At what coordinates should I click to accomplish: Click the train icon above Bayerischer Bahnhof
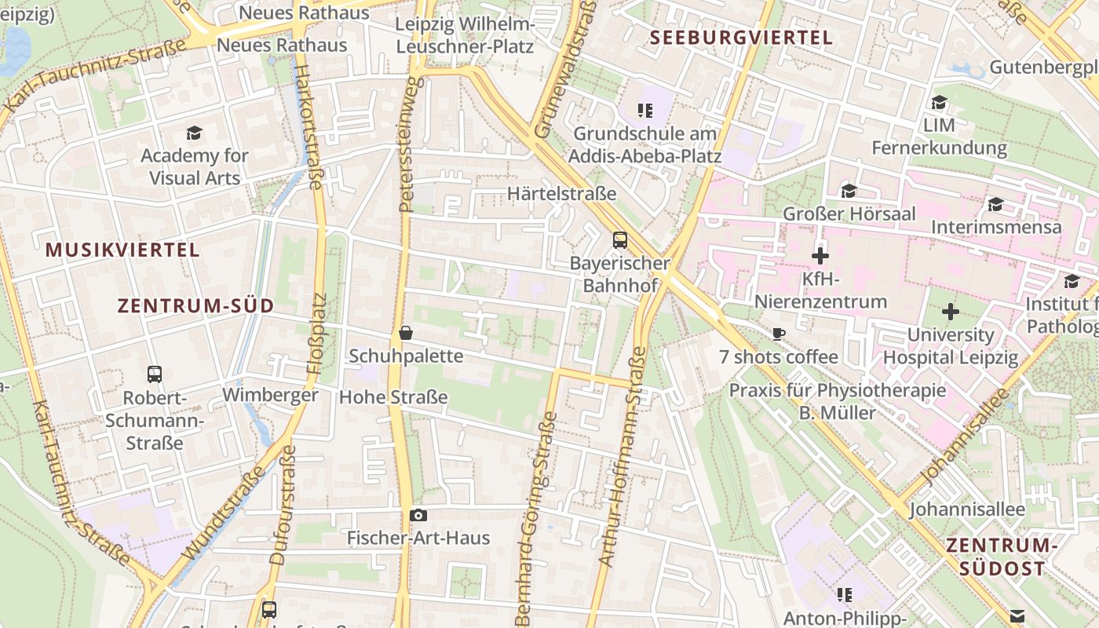tap(620, 239)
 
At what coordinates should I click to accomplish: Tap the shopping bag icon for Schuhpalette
tap(406, 333)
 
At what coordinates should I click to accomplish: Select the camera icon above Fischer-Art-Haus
tap(418, 515)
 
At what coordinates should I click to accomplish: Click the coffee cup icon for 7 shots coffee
tap(778, 334)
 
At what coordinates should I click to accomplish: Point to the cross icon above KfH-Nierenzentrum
tap(820, 256)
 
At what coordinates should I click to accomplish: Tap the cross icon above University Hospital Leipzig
tap(951, 312)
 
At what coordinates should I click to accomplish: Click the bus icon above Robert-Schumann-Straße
tap(155, 374)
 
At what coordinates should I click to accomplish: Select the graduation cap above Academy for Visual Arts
tap(194, 133)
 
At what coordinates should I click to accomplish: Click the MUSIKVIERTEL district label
tap(122, 250)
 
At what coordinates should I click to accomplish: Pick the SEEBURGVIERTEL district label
tap(741, 37)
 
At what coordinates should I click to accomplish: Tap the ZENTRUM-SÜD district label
tap(195, 306)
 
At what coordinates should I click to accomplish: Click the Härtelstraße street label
tap(561, 193)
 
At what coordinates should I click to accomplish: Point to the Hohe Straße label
tap(393, 397)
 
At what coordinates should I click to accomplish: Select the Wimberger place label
tap(271, 394)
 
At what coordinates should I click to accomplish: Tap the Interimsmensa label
tap(996, 227)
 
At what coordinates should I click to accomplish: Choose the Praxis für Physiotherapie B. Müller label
tap(838, 401)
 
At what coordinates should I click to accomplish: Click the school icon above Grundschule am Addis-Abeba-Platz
tap(645, 111)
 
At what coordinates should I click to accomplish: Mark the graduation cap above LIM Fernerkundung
tap(939, 102)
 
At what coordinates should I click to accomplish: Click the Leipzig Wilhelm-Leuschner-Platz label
tap(465, 35)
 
